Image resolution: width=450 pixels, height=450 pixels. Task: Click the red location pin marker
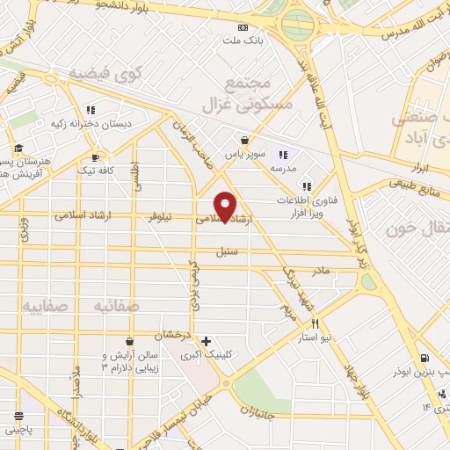[226, 206]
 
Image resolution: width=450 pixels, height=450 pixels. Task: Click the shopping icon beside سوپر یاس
[244, 139]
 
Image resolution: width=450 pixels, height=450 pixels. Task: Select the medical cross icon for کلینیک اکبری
[206, 341]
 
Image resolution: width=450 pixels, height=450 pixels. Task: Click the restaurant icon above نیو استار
[302, 324]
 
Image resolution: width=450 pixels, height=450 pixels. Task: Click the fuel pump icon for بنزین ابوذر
[425, 358]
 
